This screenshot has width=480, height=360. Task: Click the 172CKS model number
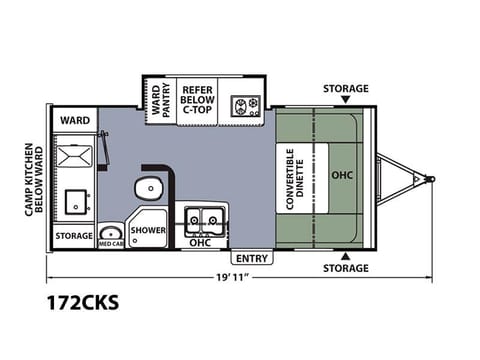point(83,303)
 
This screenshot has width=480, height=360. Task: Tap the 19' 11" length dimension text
point(233,277)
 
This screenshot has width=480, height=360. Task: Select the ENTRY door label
point(252,258)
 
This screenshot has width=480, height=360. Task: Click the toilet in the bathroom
point(149,188)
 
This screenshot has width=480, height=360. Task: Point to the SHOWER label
point(148,230)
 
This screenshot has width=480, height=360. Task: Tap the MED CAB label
point(111,244)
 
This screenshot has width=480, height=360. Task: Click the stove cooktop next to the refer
point(246,106)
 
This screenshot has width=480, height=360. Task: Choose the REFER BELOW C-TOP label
point(197,100)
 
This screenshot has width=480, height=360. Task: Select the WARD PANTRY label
point(161,100)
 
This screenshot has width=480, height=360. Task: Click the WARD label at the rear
point(75,120)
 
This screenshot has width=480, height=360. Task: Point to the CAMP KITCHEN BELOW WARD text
point(34,179)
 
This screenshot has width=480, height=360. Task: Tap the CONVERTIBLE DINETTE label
point(295,179)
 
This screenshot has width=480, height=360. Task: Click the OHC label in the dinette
point(342,175)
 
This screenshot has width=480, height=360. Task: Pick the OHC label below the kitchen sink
point(200,243)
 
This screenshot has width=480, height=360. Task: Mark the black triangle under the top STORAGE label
point(346,99)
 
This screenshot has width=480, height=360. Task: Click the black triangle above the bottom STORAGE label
point(346,256)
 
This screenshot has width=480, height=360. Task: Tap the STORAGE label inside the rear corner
point(74,236)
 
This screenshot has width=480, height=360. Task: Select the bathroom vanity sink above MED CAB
point(111,233)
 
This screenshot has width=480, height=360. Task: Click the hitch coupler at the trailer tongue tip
point(430,179)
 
